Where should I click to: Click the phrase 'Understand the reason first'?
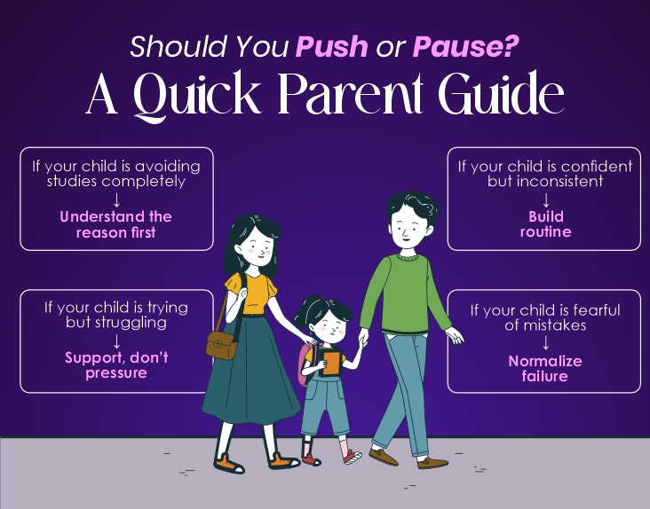[115, 224]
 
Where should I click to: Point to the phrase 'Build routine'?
[544, 224]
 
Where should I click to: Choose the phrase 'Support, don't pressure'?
[115, 366]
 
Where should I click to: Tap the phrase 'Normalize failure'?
[544, 369]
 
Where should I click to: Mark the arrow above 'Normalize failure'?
[544, 343]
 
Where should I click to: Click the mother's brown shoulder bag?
[223, 342]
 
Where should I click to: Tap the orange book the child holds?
[331, 363]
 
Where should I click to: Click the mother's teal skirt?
[253, 372]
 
